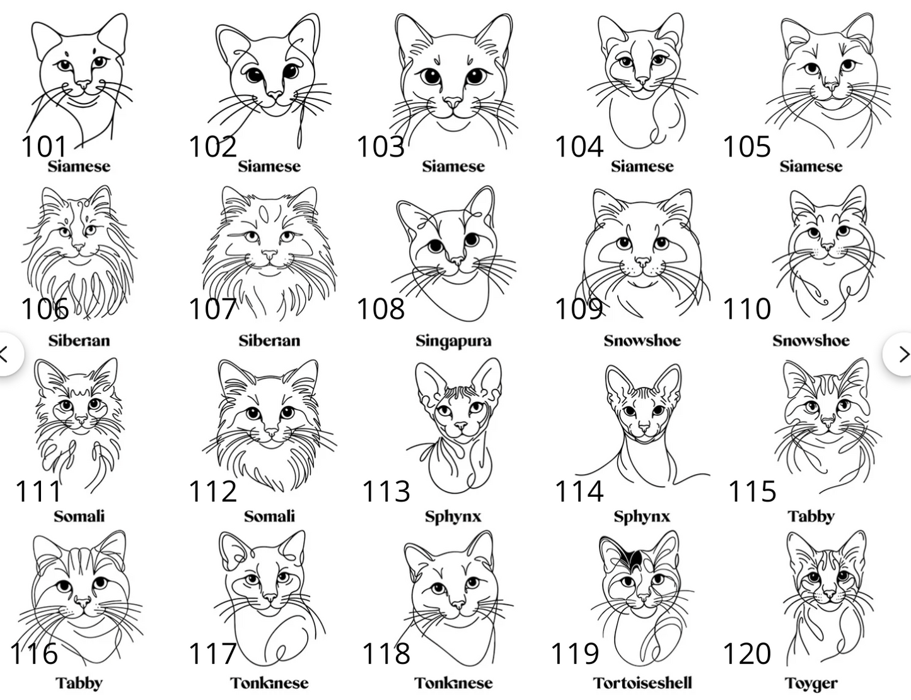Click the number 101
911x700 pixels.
(44, 146)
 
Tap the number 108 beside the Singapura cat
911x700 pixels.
(380, 309)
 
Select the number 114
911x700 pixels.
(579, 491)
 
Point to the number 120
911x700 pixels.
(746, 653)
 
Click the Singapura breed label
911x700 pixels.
(453, 341)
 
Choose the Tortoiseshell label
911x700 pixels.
(642, 683)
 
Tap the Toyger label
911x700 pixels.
(811, 684)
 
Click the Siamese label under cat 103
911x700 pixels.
(453, 166)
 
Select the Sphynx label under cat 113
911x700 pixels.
(453, 516)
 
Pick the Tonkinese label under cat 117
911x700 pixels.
(269, 683)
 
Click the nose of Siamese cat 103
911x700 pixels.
(453, 102)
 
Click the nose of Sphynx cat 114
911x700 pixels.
(642, 428)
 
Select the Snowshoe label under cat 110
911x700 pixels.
(811, 341)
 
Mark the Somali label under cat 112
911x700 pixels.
(269, 516)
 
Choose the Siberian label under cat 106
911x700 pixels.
(79, 341)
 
